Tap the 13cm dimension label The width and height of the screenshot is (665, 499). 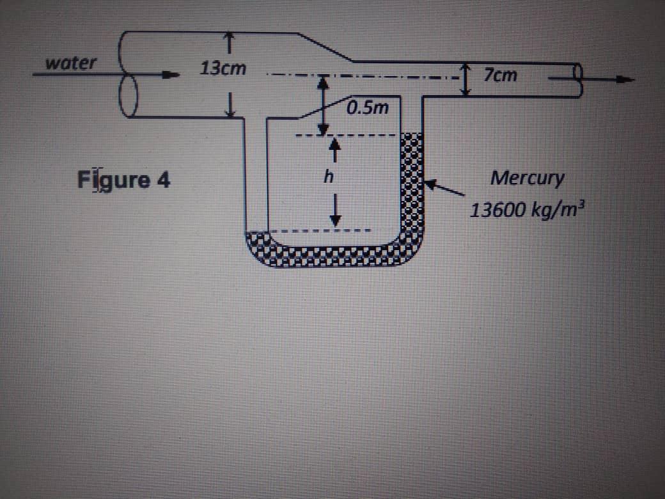tap(222, 68)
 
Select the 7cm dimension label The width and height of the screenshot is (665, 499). tap(500, 76)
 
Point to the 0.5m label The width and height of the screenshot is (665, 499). tap(368, 107)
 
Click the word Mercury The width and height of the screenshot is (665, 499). tap(527, 178)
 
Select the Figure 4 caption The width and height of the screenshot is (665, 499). tap(124, 180)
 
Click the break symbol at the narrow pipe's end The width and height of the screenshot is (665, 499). tap(577, 80)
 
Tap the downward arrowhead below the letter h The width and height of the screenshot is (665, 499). tap(332, 219)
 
